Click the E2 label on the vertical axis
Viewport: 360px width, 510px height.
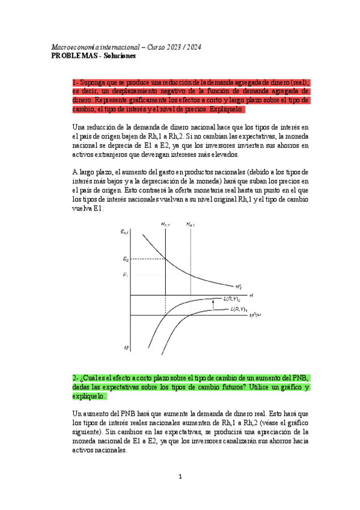(125, 259)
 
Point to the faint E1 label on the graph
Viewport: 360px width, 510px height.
(125, 275)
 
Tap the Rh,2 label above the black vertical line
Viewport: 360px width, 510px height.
(165, 224)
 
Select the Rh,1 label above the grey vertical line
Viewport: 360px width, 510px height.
(190, 224)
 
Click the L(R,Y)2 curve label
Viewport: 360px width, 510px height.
(231, 299)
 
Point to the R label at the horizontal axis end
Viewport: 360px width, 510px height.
(251, 295)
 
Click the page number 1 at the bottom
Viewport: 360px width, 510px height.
(180, 477)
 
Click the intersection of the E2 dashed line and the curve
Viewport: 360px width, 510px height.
(165, 259)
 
